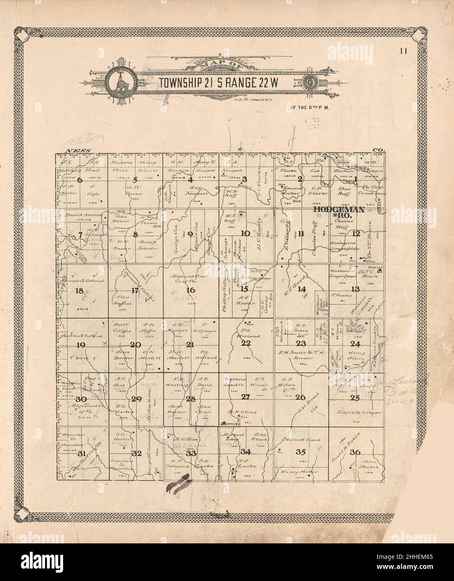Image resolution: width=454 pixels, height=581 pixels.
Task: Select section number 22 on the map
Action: click(x=245, y=343)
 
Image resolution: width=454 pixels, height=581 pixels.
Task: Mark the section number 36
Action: click(x=355, y=452)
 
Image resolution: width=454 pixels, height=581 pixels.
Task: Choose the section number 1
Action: click(x=356, y=180)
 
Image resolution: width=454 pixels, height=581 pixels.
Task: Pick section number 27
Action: click(x=245, y=397)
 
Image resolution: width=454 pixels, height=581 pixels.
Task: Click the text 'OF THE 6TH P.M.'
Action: click(x=307, y=108)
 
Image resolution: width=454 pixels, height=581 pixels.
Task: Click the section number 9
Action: click(x=190, y=234)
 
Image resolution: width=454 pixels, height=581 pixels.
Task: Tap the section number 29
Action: click(x=136, y=399)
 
